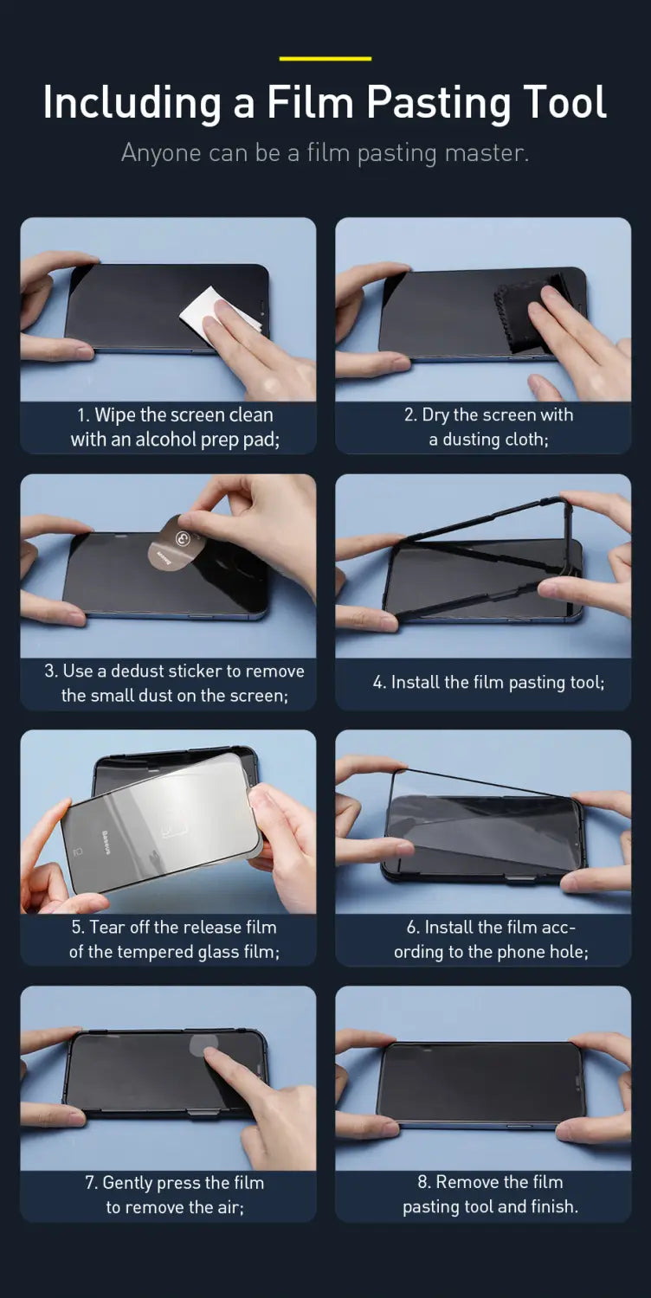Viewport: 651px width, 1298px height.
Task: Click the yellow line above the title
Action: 325,59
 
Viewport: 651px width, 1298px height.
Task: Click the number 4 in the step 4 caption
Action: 378,683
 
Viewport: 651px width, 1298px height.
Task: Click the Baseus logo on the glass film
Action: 106,842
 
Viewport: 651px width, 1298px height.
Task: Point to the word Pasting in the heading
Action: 439,103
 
